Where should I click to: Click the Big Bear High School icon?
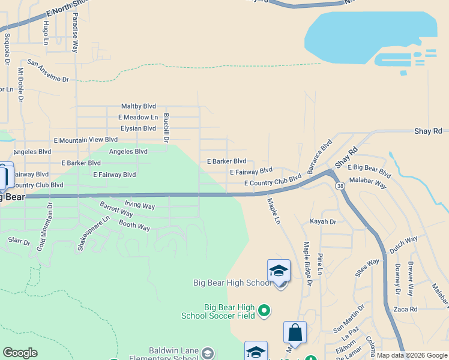[279, 271]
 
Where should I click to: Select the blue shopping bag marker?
[295, 332]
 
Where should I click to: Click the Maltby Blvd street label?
[138, 106]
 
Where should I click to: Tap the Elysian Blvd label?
[137, 128]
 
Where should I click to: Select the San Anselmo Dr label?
[48, 70]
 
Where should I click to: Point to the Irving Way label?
[139, 206]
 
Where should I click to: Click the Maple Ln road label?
[274, 212]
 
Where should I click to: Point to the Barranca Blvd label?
[320, 157]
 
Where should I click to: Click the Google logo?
[20, 353]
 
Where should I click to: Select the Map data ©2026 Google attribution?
[412, 355]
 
